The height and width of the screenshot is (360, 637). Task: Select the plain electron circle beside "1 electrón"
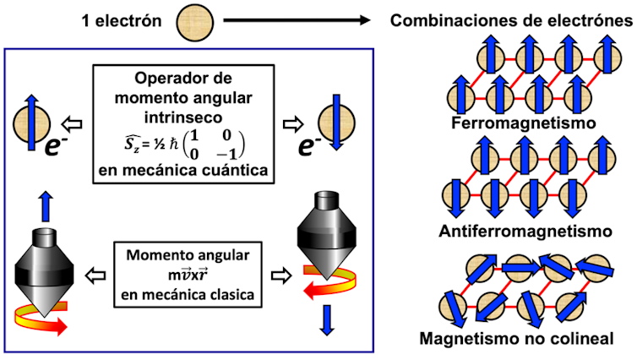193,21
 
